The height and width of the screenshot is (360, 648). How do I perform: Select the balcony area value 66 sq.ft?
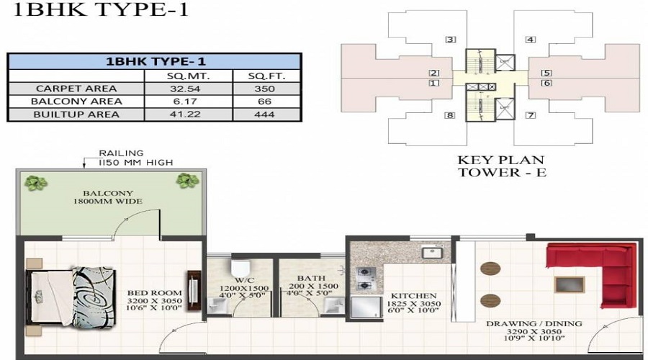265,102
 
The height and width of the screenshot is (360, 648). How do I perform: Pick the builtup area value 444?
265,114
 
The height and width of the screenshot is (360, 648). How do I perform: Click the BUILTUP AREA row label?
69,114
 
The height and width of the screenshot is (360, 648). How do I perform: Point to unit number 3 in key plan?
451,40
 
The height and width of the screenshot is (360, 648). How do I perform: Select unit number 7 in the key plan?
530,115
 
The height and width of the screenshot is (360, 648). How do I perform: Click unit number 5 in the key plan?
546,73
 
